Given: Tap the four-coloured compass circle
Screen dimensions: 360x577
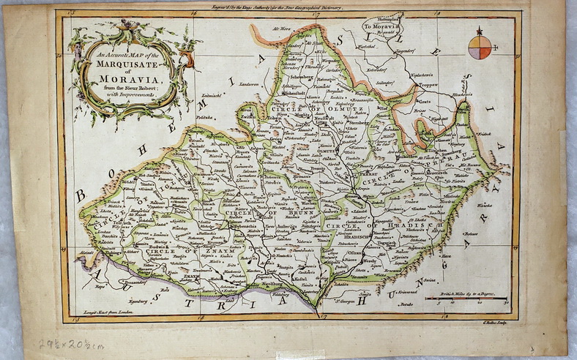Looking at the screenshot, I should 480,47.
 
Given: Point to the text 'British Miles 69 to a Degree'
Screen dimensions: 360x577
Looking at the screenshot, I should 467,293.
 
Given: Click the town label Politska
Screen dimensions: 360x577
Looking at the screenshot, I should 204,116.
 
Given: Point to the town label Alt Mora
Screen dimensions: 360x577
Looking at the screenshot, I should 281,29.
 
